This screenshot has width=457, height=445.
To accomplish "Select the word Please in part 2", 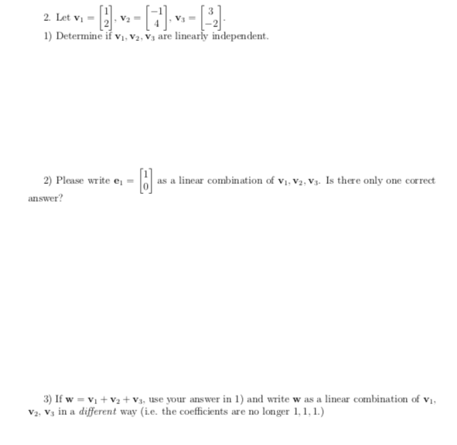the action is [70, 181].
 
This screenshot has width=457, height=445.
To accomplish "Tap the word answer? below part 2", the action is [44, 198].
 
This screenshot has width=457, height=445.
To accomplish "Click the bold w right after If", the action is [72, 399].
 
